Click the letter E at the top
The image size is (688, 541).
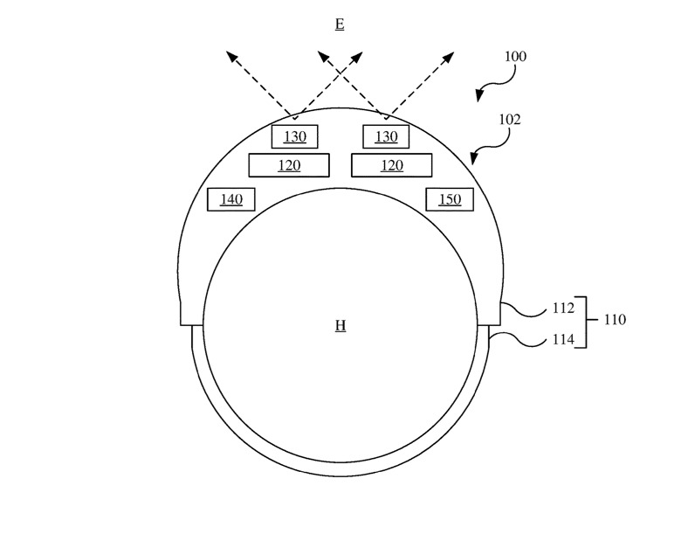[x=340, y=24]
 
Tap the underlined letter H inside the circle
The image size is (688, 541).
[x=341, y=326]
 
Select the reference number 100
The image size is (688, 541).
[x=515, y=57]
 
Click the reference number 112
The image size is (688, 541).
[x=563, y=309]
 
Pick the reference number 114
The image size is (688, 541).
[x=563, y=340]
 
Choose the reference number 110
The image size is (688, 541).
[x=615, y=320]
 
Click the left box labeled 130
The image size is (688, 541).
[x=294, y=137]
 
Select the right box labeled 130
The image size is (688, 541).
[x=386, y=137]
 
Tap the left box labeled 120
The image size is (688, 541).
[x=289, y=165]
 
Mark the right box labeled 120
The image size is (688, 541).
[x=391, y=165]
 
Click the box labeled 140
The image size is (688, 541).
[x=230, y=199]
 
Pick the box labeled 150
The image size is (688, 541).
[x=449, y=199]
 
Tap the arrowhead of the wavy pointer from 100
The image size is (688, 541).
[x=478, y=95]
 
